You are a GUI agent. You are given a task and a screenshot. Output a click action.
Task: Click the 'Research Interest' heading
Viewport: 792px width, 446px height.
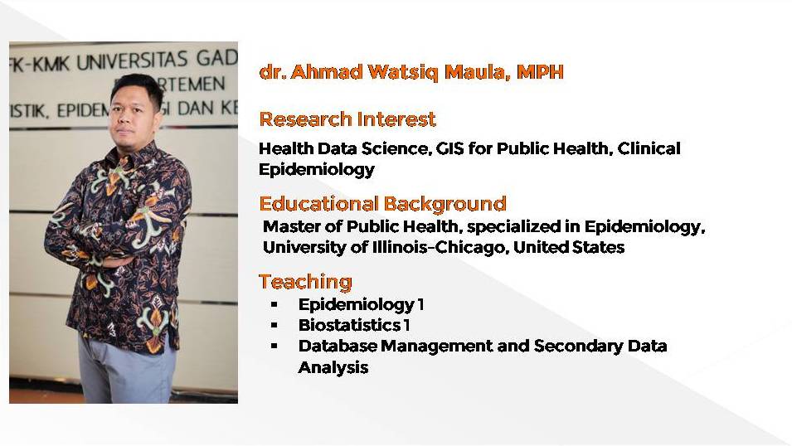[x=347, y=119]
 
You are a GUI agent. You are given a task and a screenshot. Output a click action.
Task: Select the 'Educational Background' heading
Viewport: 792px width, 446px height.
[x=382, y=204]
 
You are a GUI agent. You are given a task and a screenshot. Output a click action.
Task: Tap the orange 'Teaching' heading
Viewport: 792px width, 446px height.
[x=305, y=282]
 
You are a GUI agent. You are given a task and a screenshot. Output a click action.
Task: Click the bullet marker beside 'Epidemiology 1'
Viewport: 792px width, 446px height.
[x=275, y=304]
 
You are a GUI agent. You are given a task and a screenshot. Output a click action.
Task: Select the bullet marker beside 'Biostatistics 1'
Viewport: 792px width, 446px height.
[x=275, y=325]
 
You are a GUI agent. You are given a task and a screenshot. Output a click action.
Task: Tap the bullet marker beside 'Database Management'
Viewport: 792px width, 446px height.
[x=275, y=346]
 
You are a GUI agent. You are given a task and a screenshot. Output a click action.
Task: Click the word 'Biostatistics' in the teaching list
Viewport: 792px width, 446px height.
[x=349, y=325]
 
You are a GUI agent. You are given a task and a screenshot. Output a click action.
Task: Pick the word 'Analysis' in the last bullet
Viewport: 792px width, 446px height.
[x=333, y=367]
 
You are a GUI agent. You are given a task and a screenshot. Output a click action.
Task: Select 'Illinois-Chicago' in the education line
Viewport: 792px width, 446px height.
[x=438, y=247]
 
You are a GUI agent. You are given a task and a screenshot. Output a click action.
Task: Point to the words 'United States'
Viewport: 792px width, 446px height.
[x=569, y=247]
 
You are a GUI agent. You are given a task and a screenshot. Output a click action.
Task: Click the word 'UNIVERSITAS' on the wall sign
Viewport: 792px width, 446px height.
[x=132, y=61]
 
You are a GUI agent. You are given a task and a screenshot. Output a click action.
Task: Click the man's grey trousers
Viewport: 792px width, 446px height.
[x=126, y=371]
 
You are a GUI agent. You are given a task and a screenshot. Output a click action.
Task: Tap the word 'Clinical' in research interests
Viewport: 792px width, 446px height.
[x=649, y=148]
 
